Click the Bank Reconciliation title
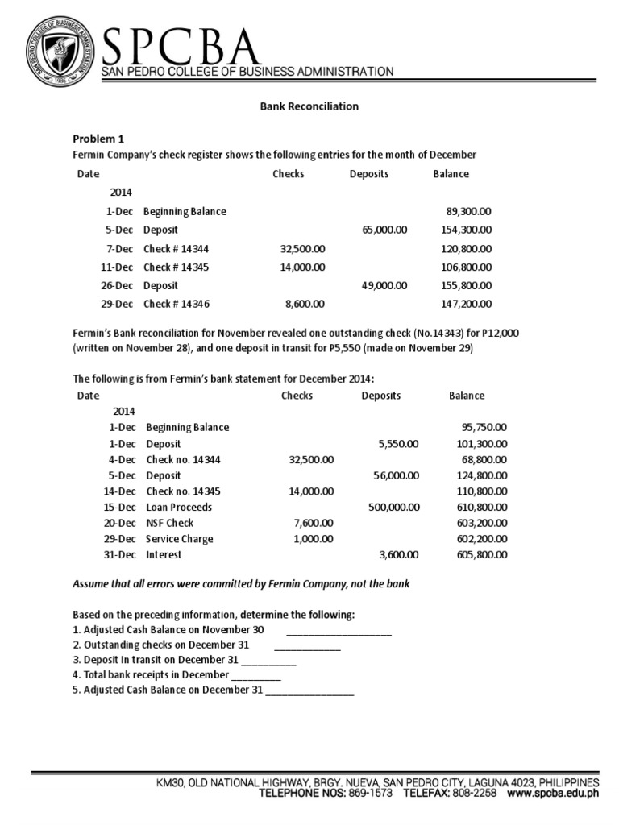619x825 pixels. (x=309, y=106)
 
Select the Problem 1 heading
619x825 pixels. (x=98, y=139)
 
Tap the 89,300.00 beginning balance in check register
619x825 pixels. (x=468, y=211)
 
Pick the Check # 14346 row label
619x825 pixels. (x=176, y=304)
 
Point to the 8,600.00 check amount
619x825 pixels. (x=305, y=304)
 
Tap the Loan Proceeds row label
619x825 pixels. (x=179, y=507)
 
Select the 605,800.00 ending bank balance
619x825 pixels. (x=481, y=554)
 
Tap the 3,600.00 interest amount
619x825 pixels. (x=398, y=554)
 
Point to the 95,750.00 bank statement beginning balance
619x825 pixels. (x=484, y=428)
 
